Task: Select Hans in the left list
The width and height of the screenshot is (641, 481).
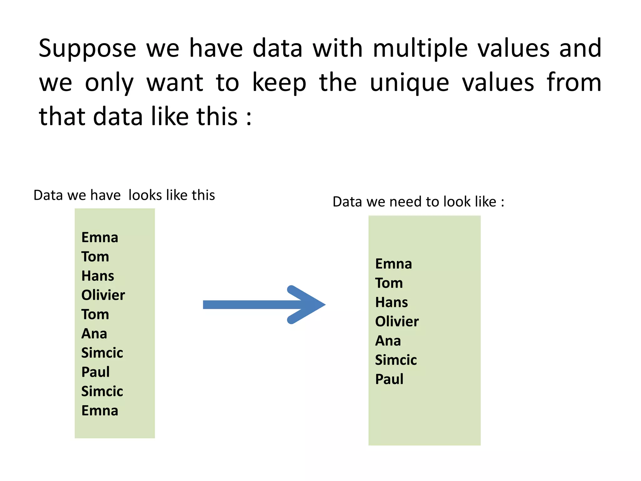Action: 98,276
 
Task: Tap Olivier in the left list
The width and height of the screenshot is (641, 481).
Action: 103,295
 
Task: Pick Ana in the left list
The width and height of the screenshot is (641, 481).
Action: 94,334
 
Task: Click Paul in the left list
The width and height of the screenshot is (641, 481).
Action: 95,372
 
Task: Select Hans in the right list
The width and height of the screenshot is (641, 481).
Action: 392,303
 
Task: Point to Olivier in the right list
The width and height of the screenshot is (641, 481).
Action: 397,322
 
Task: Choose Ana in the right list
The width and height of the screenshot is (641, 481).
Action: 388,341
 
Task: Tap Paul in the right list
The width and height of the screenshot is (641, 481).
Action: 389,379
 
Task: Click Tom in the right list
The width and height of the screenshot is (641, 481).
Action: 389,283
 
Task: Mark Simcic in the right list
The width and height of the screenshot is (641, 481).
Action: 396,360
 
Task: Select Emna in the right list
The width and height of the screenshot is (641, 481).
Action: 393,264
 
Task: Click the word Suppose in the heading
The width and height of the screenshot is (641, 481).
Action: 87,49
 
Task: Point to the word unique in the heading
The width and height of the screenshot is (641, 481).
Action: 409,83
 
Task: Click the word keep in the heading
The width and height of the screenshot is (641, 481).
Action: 279,83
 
